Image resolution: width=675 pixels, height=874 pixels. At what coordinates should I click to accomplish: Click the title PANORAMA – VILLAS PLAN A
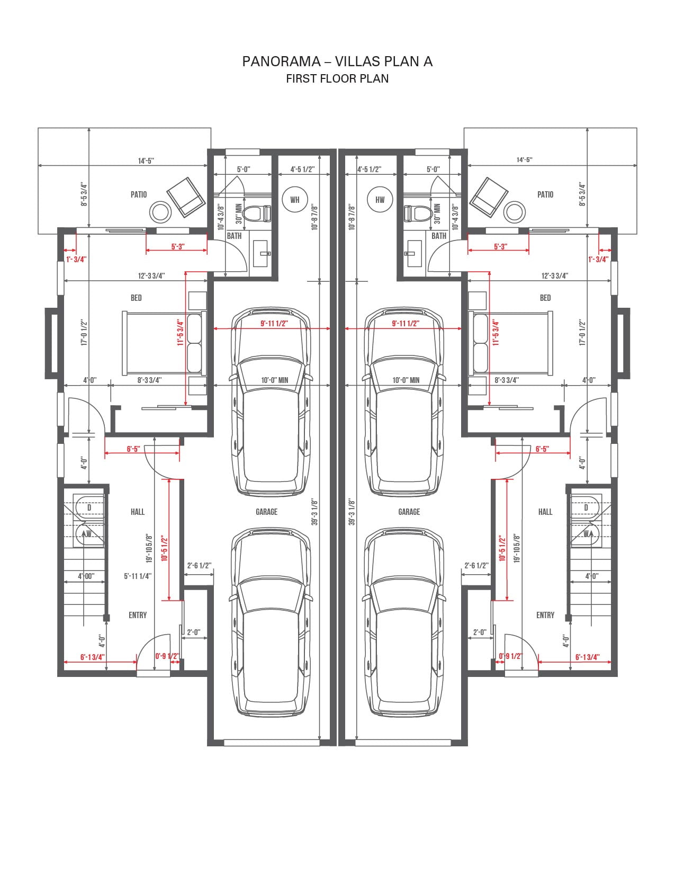[337, 61]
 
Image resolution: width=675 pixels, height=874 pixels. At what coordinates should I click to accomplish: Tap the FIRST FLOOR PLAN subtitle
[337, 78]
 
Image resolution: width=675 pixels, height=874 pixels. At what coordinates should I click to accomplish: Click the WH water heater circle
[295, 200]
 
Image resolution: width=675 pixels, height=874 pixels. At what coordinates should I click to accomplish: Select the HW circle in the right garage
[380, 200]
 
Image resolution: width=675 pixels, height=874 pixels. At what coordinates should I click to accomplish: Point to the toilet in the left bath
[258, 213]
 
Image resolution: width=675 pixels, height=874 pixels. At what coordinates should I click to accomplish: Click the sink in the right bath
[413, 253]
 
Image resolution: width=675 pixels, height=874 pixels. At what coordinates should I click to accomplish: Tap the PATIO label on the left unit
[139, 195]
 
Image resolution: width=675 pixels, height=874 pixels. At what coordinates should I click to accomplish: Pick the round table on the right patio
[515, 212]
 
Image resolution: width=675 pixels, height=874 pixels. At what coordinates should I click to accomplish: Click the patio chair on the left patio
[186, 197]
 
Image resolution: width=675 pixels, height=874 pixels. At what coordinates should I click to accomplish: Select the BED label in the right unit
[545, 298]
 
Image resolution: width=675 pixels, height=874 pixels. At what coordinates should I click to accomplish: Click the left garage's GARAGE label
[266, 512]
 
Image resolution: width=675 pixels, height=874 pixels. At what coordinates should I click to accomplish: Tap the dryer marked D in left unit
[89, 507]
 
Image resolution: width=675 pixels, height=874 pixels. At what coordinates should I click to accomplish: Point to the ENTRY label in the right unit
[545, 615]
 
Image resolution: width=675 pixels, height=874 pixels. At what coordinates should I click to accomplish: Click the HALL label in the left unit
[138, 512]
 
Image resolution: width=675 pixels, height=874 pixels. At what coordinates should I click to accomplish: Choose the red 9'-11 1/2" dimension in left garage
[274, 323]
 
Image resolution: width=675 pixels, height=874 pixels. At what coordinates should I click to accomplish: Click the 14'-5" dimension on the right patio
[524, 159]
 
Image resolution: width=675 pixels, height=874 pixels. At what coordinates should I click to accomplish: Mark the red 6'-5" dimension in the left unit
[133, 449]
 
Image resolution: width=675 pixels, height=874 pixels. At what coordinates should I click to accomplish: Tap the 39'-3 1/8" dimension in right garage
[352, 512]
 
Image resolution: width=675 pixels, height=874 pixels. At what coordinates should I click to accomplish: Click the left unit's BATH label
[234, 236]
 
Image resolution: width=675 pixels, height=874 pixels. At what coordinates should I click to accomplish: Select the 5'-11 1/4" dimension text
[138, 576]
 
